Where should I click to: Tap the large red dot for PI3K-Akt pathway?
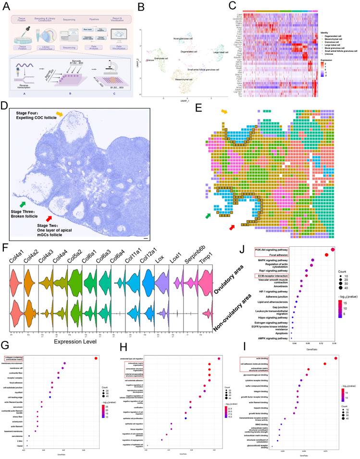(333, 249)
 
